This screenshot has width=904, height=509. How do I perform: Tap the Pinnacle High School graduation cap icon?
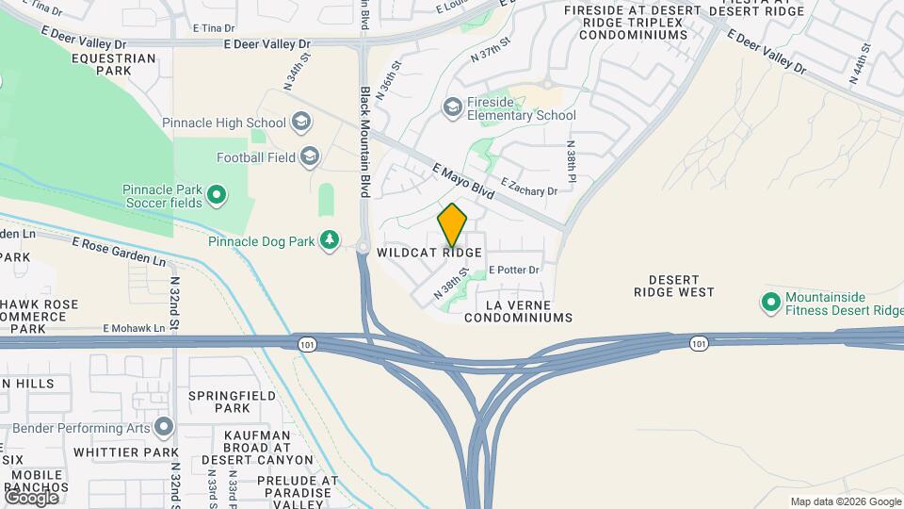tap(301, 123)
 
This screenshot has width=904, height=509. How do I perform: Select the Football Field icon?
tap(310, 156)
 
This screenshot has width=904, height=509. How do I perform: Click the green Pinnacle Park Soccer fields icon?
tap(216, 195)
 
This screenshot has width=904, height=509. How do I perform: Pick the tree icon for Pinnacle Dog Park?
tap(330, 241)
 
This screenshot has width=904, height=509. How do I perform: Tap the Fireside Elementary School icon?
tap(452, 107)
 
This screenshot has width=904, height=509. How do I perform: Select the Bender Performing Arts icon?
tap(165, 428)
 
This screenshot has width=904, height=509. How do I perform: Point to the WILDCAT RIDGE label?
tap(429, 253)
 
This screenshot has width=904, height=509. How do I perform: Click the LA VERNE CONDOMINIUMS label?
tap(518, 312)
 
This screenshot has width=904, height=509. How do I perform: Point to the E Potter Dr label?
tap(513, 270)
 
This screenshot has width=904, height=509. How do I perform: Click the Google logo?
tap(31, 497)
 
